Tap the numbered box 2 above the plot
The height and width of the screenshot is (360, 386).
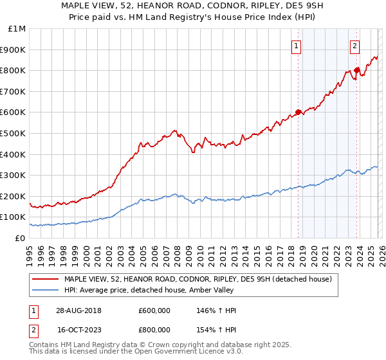click(354, 46)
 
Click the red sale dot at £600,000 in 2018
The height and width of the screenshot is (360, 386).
click(298, 113)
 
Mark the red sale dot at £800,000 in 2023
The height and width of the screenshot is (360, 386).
click(356, 71)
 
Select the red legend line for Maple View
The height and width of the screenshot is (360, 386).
click(46, 279)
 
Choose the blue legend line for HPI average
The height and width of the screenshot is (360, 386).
click(46, 290)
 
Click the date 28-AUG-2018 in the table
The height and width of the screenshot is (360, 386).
click(78, 310)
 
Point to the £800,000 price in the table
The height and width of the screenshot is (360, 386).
click(154, 330)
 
